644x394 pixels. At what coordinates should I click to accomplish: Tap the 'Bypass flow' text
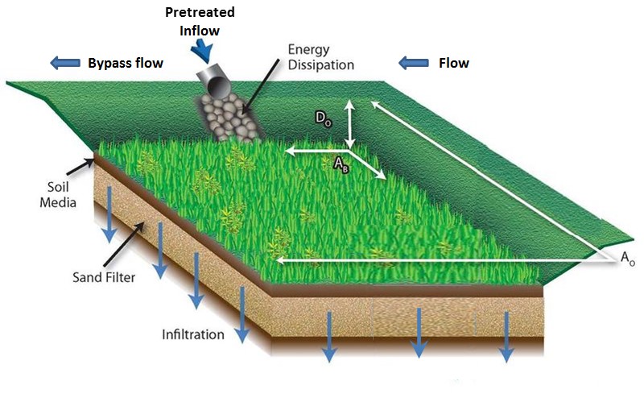point(125,63)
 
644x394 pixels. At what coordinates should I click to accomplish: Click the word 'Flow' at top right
point(453,63)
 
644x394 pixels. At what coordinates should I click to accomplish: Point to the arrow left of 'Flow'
point(414,63)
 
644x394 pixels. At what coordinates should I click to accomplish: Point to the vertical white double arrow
point(349,125)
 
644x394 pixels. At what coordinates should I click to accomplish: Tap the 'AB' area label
point(341,164)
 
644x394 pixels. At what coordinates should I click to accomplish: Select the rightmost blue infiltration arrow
point(506,334)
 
